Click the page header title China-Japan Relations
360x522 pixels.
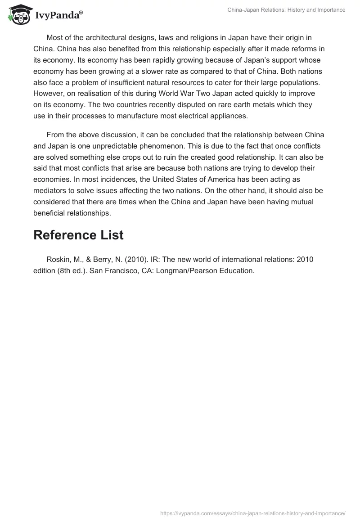click(x=286, y=10)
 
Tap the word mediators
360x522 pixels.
click(x=51, y=190)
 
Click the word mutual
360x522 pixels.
click(x=311, y=202)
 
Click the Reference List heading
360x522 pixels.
click(x=78, y=234)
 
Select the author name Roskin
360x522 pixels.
click(x=59, y=260)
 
